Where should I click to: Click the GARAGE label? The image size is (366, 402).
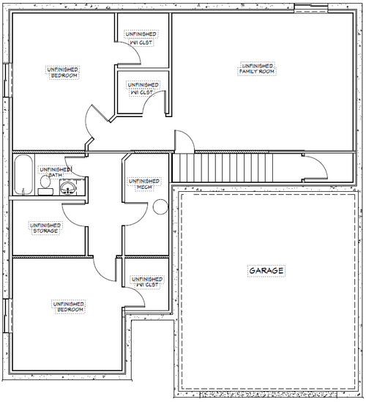point(266,271)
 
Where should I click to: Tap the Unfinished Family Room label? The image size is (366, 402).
point(257,69)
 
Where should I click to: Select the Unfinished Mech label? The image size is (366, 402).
point(144,184)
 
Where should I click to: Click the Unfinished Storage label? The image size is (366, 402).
point(45,228)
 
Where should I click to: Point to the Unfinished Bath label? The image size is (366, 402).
point(56,172)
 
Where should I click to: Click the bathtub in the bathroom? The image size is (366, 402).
point(23,174)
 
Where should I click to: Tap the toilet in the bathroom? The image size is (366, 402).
point(45,185)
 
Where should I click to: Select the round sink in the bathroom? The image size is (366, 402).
point(68,187)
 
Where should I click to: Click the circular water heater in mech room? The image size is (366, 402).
point(160,207)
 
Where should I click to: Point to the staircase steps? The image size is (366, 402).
point(222,168)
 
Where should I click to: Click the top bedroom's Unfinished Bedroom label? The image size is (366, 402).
point(63,72)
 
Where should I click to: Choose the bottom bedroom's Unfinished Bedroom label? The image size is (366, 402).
point(69,307)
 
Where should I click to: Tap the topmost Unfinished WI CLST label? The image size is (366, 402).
point(141,38)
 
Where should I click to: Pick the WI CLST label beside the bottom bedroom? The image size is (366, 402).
point(147,282)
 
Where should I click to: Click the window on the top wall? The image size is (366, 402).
point(311,9)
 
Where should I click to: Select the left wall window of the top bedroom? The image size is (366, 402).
point(8,80)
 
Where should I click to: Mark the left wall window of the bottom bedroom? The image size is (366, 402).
point(8,316)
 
